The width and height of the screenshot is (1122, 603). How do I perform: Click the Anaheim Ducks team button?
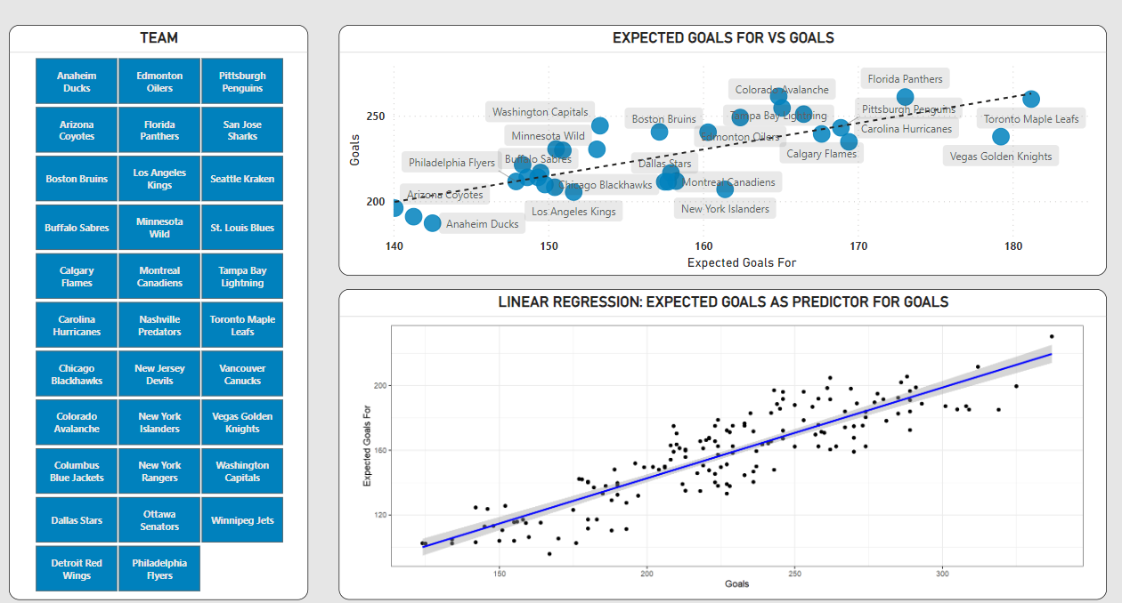click(x=77, y=82)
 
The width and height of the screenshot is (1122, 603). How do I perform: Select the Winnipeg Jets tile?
click(x=242, y=520)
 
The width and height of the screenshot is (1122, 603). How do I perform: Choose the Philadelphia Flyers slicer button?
click(x=159, y=569)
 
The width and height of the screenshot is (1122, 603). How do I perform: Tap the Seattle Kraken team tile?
click(x=242, y=179)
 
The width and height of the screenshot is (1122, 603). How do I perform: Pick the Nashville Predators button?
click(x=159, y=326)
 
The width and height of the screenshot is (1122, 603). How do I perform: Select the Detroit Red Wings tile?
click(x=77, y=569)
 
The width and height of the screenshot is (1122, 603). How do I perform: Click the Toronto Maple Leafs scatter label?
click(x=1030, y=119)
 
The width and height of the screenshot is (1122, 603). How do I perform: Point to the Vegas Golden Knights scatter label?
click(x=1001, y=157)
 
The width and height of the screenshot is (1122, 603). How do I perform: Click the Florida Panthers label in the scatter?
click(x=905, y=79)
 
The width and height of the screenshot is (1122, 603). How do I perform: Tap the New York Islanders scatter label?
click(x=725, y=209)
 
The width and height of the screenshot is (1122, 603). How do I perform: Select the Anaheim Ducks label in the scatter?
click(x=482, y=224)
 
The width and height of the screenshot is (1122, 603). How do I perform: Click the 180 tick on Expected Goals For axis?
click(x=1012, y=245)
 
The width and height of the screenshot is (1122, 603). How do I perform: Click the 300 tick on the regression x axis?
click(x=942, y=574)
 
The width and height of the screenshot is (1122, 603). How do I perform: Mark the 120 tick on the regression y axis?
click(x=378, y=515)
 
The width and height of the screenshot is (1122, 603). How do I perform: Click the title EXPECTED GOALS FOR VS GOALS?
click(x=723, y=38)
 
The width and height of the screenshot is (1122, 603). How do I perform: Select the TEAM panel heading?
click(x=159, y=38)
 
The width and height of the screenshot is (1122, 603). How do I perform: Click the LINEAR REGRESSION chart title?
click(x=723, y=302)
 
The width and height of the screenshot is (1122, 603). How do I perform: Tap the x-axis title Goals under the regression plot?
click(x=736, y=584)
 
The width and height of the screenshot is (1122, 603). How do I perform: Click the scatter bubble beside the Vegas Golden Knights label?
click(x=1001, y=137)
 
